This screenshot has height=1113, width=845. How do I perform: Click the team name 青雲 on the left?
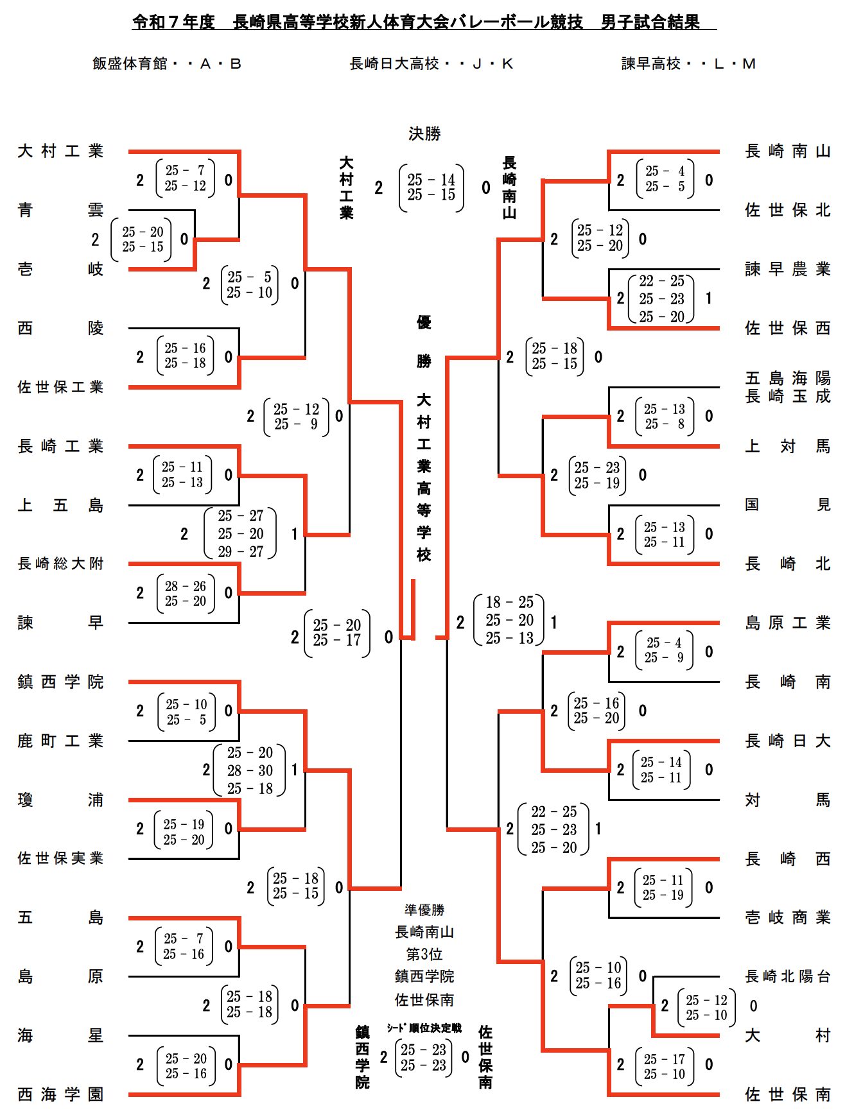click(x=60, y=210)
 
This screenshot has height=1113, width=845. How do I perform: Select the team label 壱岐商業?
click(x=787, y=917)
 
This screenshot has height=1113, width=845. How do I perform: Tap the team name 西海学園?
click(x=60, y=1094)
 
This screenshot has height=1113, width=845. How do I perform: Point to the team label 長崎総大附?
click(x=60, y=564)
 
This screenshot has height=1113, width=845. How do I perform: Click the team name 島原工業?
click(x=787, y=623)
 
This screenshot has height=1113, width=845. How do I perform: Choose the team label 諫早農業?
click(x=787, y=269)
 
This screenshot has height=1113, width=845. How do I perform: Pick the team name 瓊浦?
click(x=60, y=800)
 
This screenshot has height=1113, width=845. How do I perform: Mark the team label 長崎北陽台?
click(x=787, y=976)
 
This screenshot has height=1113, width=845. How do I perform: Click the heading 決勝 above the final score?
click(x=424, y=134)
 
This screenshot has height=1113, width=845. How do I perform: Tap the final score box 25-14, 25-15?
click(x=431, y=187)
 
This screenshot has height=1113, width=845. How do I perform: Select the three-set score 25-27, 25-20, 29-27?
click(x=240, y=533)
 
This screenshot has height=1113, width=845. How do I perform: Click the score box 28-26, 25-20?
click(x=186, y=593)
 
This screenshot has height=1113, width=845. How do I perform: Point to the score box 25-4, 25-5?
click(x=665, y=179)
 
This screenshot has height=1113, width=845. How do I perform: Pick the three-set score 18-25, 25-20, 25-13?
click(x=509, y=620)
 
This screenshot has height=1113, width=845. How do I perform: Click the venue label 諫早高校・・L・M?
click(x=688, y=64)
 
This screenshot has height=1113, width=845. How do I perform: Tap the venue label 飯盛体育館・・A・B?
click(x=167, y=64)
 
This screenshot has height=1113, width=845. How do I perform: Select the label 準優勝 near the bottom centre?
click(x=424, y=910)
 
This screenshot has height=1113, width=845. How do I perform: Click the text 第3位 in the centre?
click(x=424, y=954)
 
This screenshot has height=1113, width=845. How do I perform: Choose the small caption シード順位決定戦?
click(x=424, y=1028)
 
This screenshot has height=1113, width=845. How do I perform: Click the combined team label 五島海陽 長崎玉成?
click(x=787, y=387)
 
